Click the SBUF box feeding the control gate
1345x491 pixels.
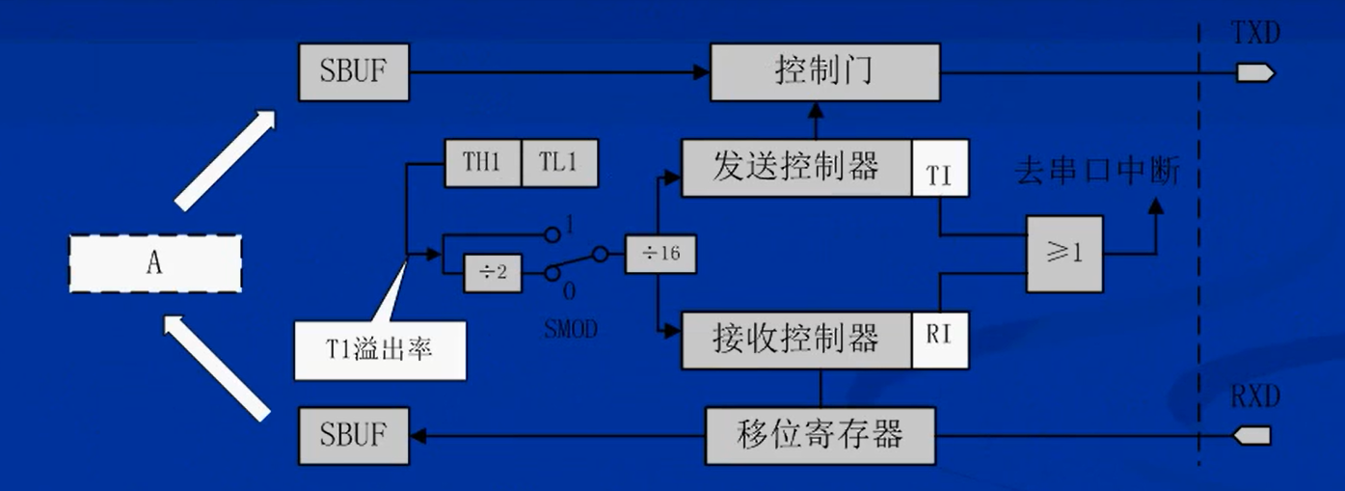coord(353,71)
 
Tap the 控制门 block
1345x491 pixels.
coord(824,71)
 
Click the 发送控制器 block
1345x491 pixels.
coord(796,168)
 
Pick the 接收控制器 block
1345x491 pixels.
coord(796,340)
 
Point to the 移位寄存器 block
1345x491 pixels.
coord(820,436)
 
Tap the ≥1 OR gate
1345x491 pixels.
coord(1063,254)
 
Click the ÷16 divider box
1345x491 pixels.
coord(660,254)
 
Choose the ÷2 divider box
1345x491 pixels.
coord(487,273)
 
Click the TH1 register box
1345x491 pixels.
coord(482,163)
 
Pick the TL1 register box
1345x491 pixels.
coord(559,163)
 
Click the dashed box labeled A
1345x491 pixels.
coord(154,262)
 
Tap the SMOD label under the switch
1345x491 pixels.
coord(570,330)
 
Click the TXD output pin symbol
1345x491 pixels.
coord(1256,72)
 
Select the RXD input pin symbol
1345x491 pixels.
coord(1253,437)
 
